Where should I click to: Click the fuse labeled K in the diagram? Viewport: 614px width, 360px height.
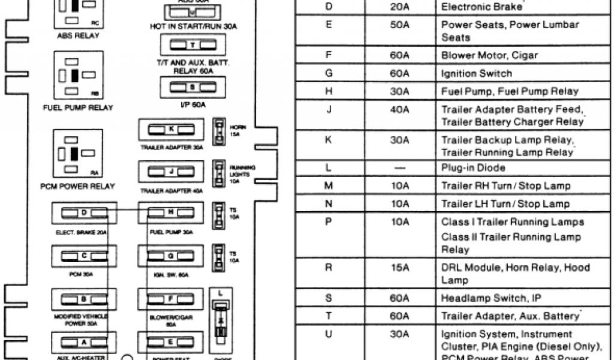(171, 130)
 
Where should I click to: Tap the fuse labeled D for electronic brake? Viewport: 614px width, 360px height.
(85, 212)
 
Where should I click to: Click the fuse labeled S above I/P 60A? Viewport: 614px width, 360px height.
(192, 87)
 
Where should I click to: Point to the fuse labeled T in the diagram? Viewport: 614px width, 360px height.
(192, 45)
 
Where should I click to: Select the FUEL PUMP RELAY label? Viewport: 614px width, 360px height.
(79, 108)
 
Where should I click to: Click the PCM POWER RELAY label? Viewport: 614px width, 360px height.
(79, 186)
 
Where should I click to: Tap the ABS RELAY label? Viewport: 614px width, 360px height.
(79, 35)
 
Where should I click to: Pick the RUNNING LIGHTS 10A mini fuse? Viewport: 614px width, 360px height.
(219, 170)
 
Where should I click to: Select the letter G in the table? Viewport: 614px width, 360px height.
(329, 73)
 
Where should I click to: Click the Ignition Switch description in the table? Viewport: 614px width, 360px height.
(477, 73)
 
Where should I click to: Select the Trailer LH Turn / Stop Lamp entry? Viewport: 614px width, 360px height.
(505, 204)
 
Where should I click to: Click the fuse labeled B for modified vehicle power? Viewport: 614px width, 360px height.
(85, 298)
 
